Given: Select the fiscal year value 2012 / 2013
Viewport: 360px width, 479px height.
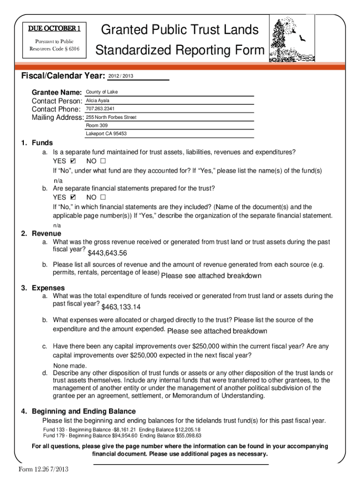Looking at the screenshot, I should tap(121, 76).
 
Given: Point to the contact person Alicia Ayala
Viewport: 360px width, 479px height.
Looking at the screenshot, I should tap(98, 101).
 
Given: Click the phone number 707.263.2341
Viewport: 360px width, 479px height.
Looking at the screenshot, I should tap(101, 109).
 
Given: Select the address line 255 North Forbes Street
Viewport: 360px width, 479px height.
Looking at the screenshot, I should tap(111, 117).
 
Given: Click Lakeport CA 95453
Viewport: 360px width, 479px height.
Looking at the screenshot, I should tap(106, 134).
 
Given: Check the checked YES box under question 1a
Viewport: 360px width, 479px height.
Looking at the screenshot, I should tap(73, 161).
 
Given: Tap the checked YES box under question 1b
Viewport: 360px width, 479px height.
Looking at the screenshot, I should tap(73, 197).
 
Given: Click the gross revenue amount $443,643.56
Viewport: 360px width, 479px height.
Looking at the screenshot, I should tap(108, 254).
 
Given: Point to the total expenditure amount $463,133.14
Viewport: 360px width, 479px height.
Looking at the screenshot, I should tap(121, 307).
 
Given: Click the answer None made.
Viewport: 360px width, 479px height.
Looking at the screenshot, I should tap(70, 366).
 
